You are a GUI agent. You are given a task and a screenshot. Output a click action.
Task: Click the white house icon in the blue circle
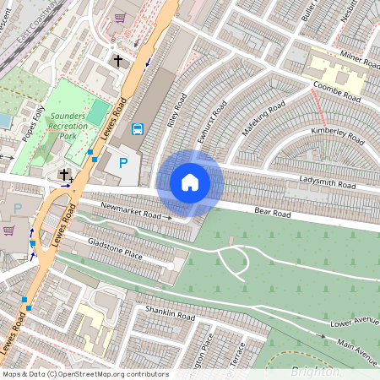pyautogui.click(x=190, y=182)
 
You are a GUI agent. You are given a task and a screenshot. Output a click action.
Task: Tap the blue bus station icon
pyautogui.click(x=138, y=129)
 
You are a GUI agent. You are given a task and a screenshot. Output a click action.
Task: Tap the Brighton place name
pyautogui.click(x=314, y=372)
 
